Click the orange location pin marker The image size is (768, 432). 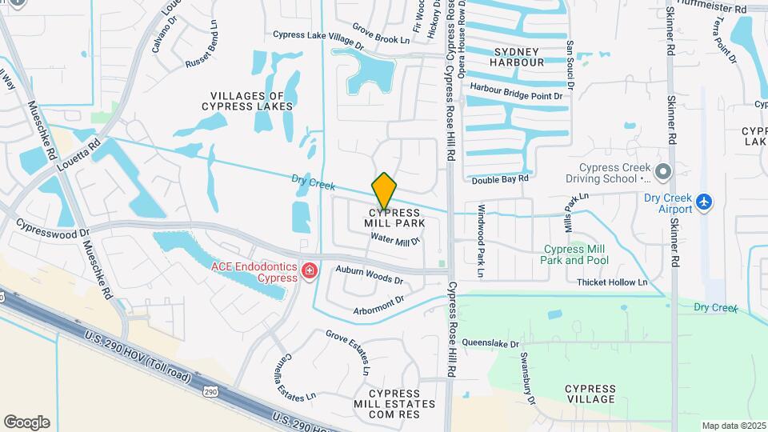tap(385, 191)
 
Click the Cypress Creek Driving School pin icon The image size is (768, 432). tap(662, 171)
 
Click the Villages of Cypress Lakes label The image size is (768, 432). tap(247, 100)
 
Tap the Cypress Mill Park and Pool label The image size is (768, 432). tap(574, 254)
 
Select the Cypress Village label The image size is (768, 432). tap(590, 394)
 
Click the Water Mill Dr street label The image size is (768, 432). tap(395, 239)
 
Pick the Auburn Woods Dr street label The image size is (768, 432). tap(369, 276)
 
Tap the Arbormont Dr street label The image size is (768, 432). tap(378, 306)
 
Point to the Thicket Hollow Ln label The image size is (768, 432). tap(612, 282)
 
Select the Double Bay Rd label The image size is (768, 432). tap(500, 180)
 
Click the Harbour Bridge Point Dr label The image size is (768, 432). tap(517, 91)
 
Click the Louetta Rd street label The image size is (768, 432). tap(78, 154)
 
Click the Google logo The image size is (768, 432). tap(26, 422)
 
